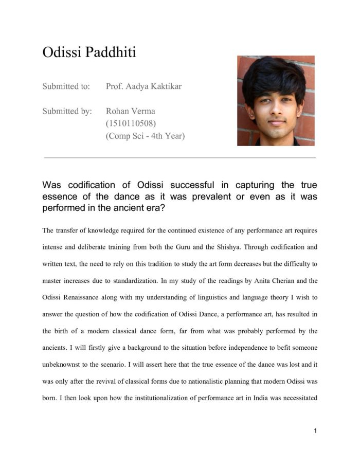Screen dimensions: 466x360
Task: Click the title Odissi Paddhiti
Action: coord(89,52)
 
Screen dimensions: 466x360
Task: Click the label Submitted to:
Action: coord(66,86)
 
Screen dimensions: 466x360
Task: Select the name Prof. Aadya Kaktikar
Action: coord(143,86)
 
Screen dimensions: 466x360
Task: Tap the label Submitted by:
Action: coord(67,111)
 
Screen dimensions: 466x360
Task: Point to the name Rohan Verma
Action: coord(131,111)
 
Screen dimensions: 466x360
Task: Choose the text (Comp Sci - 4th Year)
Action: coord(145,136)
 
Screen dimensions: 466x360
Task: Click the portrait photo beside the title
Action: coord(276,101)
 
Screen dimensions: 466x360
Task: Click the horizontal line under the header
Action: coord(180,158)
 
